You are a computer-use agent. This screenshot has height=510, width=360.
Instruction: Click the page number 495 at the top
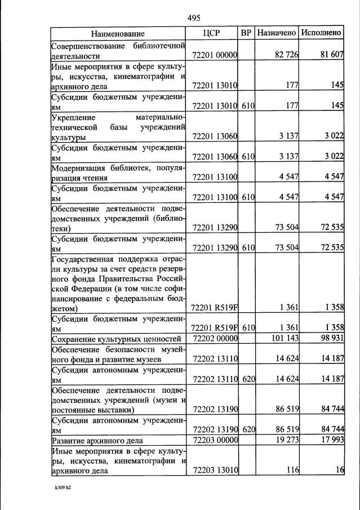point(194,17)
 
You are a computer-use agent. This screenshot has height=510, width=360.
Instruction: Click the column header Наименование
point(118,33)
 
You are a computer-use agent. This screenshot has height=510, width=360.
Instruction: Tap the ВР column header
point(246,33)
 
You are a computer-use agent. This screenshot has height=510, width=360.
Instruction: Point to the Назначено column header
point(277,33)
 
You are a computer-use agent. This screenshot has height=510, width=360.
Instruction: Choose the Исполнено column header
point(321,33)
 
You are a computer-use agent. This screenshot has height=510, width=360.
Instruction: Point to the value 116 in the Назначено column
point(291,471)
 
